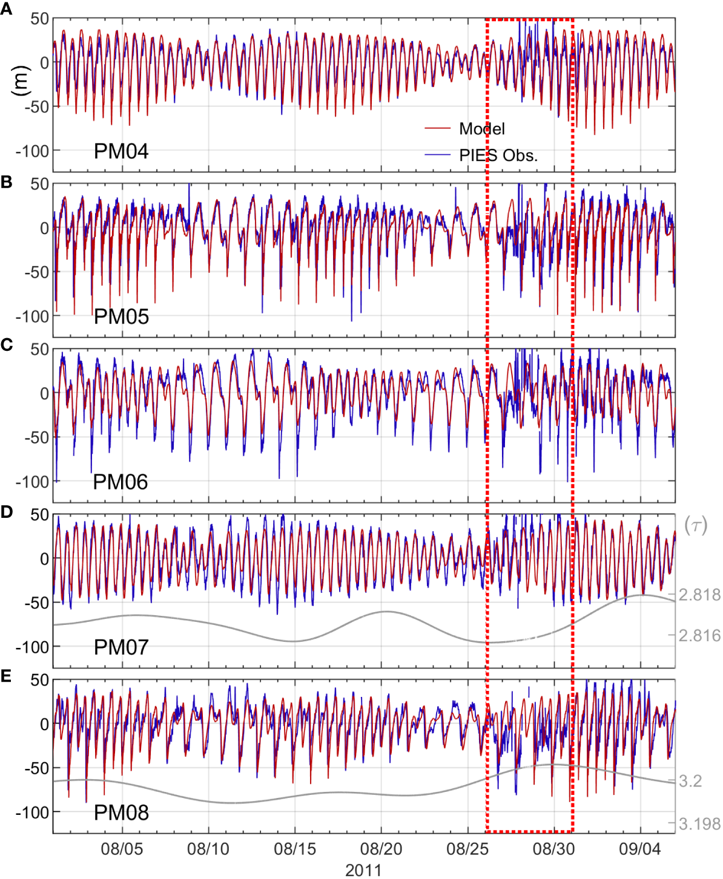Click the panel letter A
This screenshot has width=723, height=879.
tap(6, 9)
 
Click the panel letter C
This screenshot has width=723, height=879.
tap(6, 345)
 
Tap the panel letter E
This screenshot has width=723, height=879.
tap(6, 676)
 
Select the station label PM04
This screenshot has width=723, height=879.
tap(121, 151)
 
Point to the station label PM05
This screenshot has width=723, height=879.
tap(121, 316)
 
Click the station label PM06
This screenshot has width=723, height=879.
tap(120, 482)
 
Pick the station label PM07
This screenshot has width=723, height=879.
tap(121, 647)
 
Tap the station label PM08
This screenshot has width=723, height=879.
tap(121, 812)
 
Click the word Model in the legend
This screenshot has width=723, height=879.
tap(482, 129)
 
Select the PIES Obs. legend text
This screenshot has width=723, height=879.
tap(498, 155)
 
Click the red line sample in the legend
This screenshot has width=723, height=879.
tap(438, 129)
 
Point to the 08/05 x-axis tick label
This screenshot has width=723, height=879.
tap(122, 849)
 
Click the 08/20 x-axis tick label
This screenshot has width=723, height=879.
tap(381, 849)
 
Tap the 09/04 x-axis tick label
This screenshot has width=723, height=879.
tap(640, 849)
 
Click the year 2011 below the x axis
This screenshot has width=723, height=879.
tap(363, 870)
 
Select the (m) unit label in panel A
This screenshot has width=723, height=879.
tap(21, 80)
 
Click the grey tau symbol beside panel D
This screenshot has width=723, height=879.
tap(696, 525)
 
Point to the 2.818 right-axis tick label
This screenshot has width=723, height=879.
tap(699, 595)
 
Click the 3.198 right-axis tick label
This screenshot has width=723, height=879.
tap(699, 824)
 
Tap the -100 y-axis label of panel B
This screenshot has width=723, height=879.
tap(32, 316)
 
